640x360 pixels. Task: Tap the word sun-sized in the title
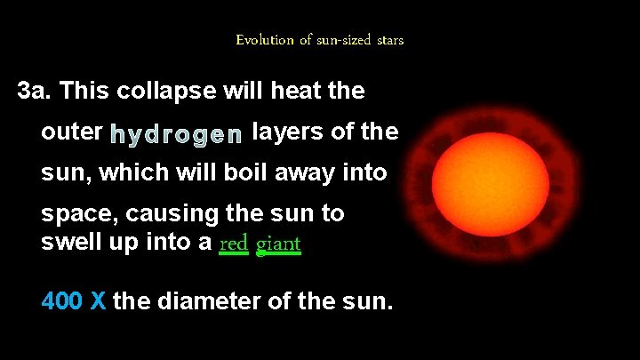click(330, 40)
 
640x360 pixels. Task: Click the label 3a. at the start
click(37, 91)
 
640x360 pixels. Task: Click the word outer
click(71, 132)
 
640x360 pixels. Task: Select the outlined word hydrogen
click(176, 134)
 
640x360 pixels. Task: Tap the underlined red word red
click(233, 243)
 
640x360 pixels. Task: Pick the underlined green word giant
click(279, 243)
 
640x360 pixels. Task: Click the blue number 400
click(62, 301)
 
